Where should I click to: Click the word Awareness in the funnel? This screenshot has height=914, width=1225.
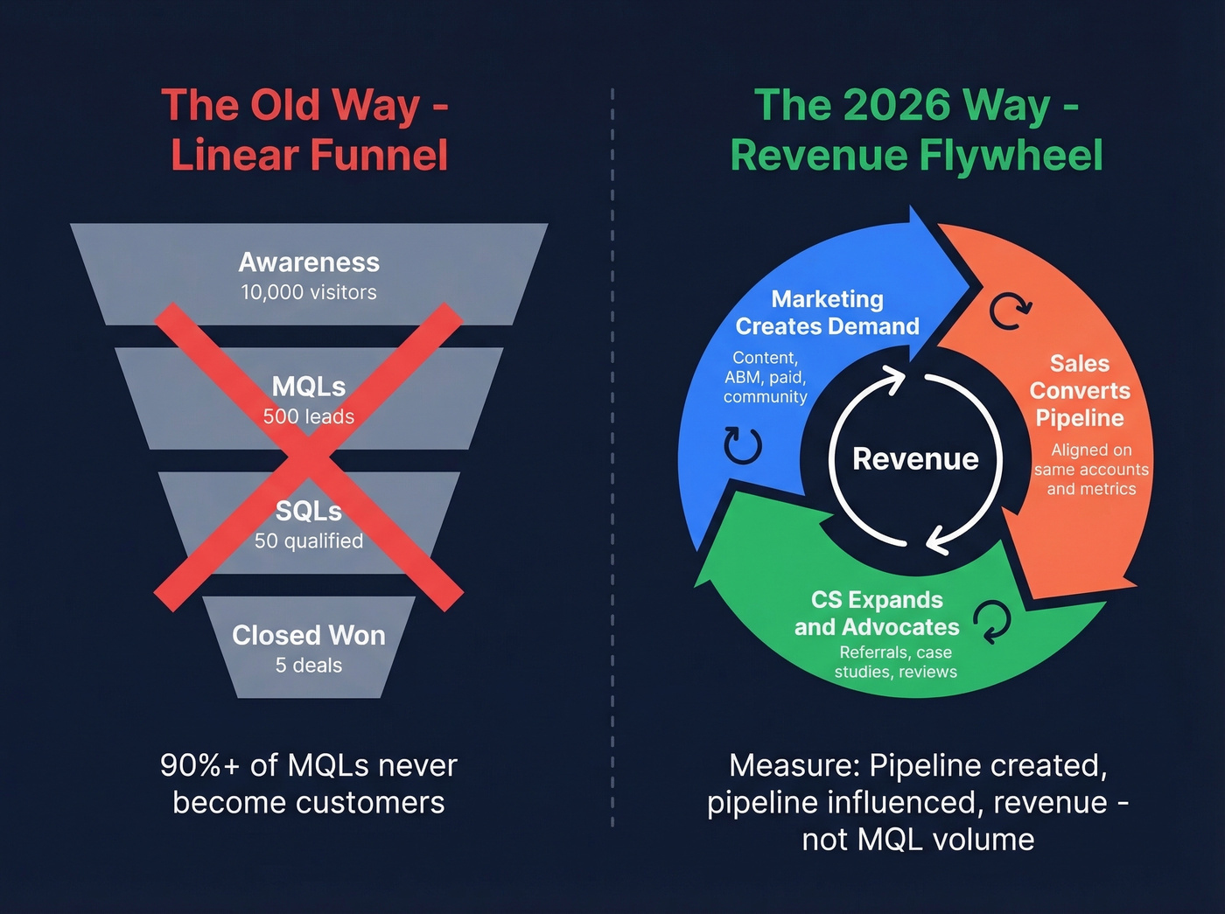[x=309, y=262]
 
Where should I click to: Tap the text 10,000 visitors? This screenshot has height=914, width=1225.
[x=309, y=293]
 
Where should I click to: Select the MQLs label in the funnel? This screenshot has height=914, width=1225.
[x=309, y=387]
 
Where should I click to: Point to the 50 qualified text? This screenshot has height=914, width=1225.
[x=309, y=541]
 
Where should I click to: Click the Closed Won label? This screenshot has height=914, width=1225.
[x=309, y=635]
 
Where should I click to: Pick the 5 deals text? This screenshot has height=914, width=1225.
[x=309, y=666]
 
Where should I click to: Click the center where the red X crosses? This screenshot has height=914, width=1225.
[x=309, y=457]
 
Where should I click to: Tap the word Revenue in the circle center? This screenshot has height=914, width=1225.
[x=915, y=459]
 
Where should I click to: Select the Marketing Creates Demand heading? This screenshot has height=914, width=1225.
[x=827, y=313]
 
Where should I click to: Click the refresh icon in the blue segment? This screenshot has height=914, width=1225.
[x=743, y=445]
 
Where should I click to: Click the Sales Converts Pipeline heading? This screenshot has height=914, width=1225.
[x=1080, y=391]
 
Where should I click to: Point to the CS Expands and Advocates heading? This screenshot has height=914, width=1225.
[x=877, y=614]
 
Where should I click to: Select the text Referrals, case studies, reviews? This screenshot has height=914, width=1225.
[x=895, y=662]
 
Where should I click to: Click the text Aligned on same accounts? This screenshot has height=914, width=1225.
[x=1091, y=460]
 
